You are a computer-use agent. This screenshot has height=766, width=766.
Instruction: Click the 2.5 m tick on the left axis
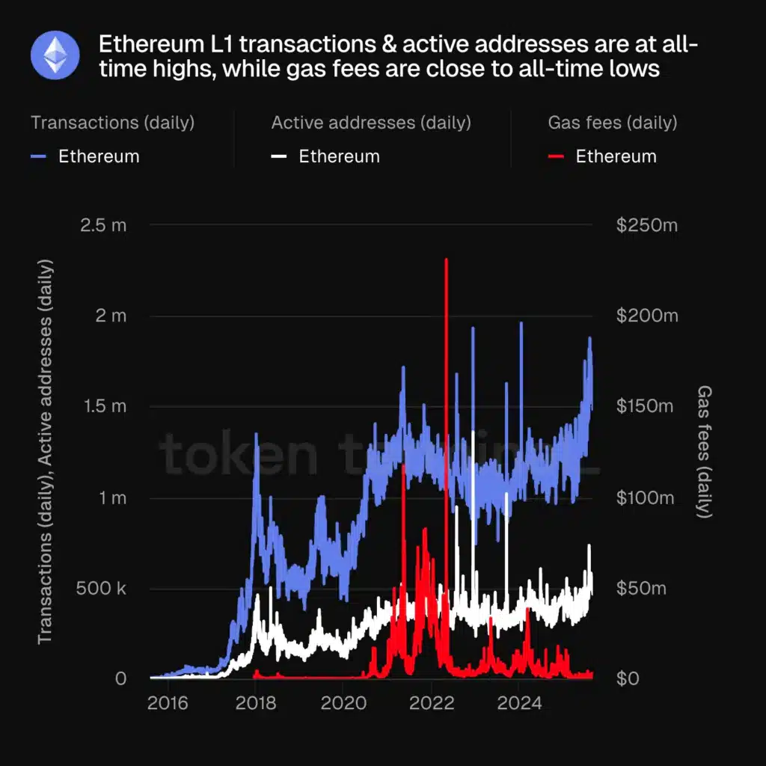tap(103, 224)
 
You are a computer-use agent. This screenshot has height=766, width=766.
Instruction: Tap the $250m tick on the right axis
tap(647, 224)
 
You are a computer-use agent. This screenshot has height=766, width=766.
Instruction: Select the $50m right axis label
tap(641, 589)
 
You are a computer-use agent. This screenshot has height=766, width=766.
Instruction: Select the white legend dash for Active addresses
tap(280, 156)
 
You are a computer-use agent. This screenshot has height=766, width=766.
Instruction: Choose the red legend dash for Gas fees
tap(556, 156)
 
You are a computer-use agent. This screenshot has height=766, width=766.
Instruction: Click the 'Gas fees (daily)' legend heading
tap(612, 123)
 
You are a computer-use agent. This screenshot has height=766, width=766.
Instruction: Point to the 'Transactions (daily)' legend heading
tap(112, 123)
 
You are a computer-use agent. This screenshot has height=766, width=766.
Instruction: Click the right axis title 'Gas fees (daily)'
tap(704, 452)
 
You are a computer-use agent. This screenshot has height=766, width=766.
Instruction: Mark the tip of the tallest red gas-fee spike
tap(447, 260)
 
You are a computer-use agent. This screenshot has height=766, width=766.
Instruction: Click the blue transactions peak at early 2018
tap(257, 434)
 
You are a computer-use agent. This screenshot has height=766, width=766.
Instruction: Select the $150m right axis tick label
tap(647, 406)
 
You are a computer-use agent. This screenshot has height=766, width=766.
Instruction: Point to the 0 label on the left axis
tap(120, 679)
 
